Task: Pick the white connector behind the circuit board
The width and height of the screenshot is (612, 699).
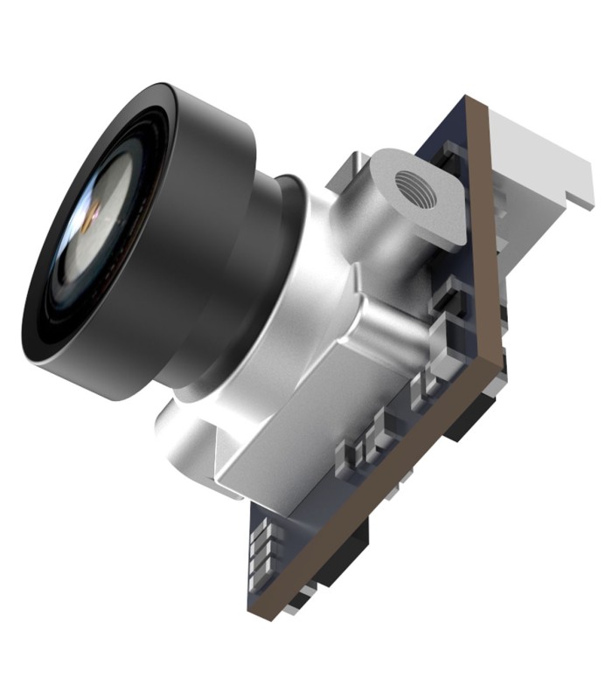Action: pyautogui.click(x=533, y=157)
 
